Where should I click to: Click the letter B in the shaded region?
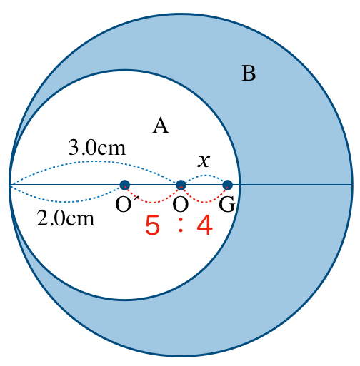[249, 73]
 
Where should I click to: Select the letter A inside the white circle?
[161, 126]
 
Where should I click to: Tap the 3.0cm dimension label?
[97, 148]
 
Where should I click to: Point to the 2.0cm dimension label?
[66, 219]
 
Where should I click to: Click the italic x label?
[204, 161]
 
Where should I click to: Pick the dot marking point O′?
[125, 185]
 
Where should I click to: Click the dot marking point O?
[181, 185]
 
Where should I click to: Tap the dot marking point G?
[228, 185]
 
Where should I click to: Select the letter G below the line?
[226, 204]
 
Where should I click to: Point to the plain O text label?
[181, 205]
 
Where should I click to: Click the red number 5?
[152, 225]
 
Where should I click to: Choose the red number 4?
[205, 225]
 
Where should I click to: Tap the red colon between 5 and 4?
[181, 225]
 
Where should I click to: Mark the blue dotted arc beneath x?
[205, 176]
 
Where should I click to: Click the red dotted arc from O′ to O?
[152, 203]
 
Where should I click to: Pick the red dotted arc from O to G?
[204, 203]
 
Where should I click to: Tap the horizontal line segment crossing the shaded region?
[296, 185]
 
